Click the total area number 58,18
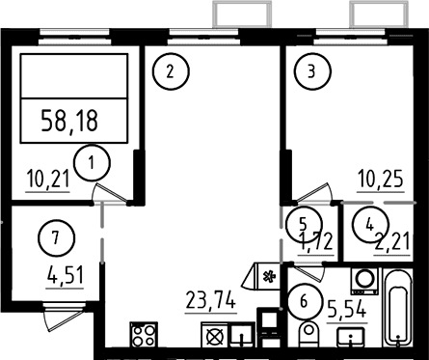69,121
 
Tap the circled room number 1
92,163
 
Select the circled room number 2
171,71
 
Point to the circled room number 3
312,71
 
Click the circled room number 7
57,238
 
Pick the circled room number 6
304,302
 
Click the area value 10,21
48,180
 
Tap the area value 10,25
381,180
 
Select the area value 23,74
211,301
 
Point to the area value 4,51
66,276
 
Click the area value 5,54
347,309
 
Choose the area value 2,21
392,242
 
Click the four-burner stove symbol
144,335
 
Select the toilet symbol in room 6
308,334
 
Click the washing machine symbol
364,281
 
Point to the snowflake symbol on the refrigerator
269,276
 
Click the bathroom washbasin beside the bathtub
351,337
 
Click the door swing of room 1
110,192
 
